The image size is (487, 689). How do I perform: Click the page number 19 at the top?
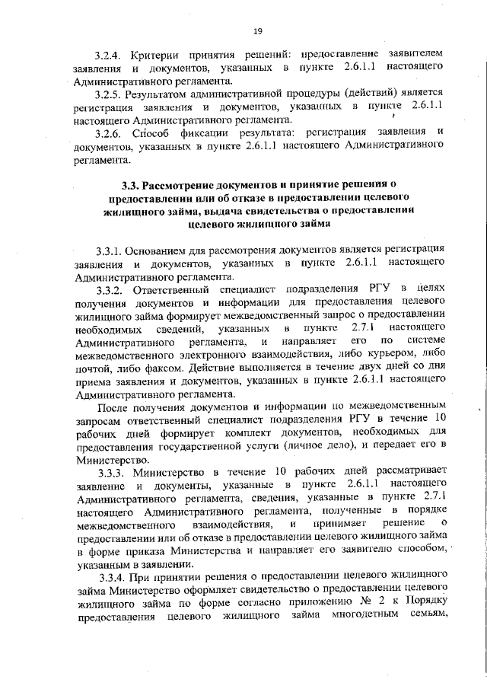pos(256,30)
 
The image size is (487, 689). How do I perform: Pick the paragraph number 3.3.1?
pos(110,250)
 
